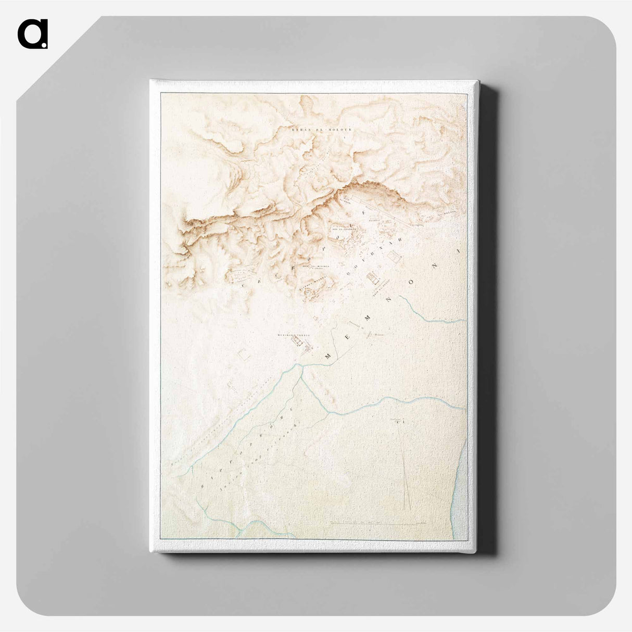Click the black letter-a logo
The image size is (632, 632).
click(32, 34)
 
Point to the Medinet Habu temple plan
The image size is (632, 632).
click(299, 342)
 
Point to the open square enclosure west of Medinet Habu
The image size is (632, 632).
click(243, 354)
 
